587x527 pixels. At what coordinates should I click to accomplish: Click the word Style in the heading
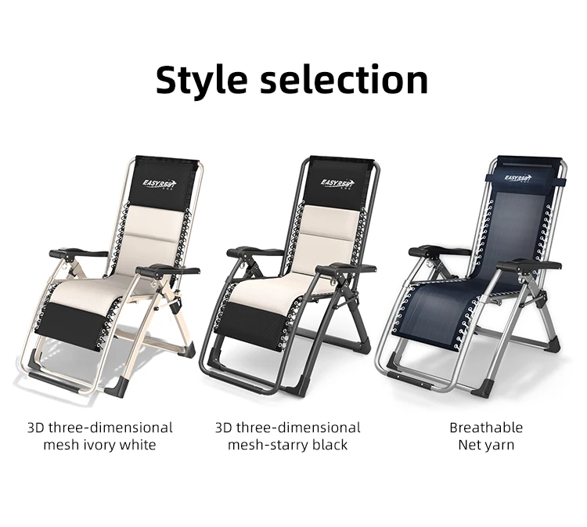203,81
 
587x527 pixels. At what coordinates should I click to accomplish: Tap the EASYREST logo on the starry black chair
338,183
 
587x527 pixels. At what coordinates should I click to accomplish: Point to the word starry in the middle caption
293,445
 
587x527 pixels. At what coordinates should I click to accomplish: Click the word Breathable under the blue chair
485,428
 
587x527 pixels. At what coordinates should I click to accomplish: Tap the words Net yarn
485,446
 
